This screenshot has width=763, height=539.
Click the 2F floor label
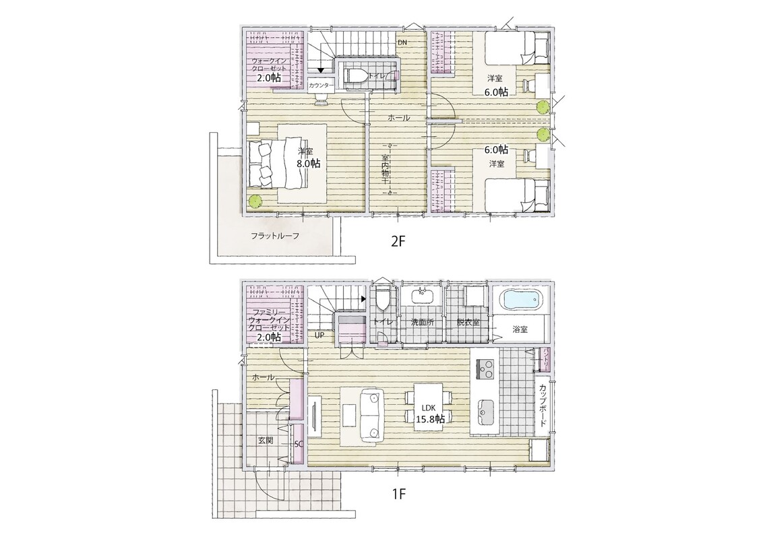point(398,241)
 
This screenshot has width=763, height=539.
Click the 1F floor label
point(398,495)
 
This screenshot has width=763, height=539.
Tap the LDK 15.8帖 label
point(429,414)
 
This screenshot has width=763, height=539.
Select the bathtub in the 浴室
point(520,300)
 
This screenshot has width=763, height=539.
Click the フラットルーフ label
point(275,236)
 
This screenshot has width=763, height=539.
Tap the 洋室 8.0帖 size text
point(309,164)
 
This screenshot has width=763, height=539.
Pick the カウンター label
point(321,86)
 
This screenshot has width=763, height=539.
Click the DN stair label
point(402,42)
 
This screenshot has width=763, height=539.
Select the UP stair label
point(319,335)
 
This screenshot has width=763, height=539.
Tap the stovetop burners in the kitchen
point(484,369)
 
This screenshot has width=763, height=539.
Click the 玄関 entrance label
point(265,441)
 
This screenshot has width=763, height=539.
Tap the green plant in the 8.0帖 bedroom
point(255,200)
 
